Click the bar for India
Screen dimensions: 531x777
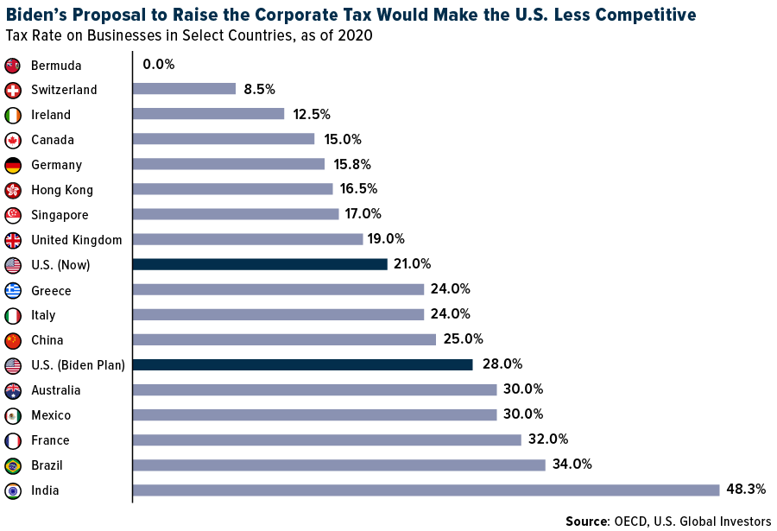[x=426, y=490]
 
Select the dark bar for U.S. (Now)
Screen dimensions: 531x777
[x=260, y=264]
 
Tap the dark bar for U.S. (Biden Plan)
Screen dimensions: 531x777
[x=303, y=364]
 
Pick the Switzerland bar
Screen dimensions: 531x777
[x=184, y=89]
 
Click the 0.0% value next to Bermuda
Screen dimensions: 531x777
[x=159, y=65]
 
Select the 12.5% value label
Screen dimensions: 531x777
[x=311, y=114]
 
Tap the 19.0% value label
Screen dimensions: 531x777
[x=387, y=239]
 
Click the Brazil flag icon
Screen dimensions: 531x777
[x=13, y=465]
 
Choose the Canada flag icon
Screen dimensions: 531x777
[x=13, y=140]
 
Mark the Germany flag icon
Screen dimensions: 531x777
[x=13, y=165]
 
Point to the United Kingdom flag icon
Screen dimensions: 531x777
[x=13, y=240]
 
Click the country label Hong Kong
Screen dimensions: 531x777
[x=62, y=190]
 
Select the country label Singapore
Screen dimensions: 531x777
[x=60, y=215]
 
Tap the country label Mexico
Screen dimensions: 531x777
[x=51, y=415]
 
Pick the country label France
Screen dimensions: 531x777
[x=50, y=440]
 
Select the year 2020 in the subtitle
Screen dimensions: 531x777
[x=356, y=35]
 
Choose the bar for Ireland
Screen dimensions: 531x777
[x=208, y=114]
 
